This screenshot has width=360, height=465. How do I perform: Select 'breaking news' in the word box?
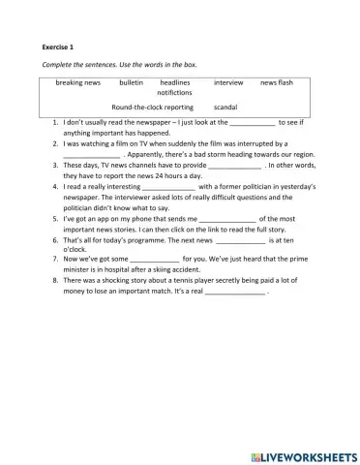(x=78, y=83)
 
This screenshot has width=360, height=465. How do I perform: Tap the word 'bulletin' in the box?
(x=131, y=83)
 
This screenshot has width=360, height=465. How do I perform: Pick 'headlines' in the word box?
(x=175, y=83)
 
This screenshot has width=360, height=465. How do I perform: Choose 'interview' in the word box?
(x=228, y=83)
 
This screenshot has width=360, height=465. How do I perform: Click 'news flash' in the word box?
(x=277, y=83)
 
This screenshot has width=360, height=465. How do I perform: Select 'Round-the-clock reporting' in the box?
(x=152, y=107)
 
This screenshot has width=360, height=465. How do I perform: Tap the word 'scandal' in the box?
(x=225, y=107)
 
